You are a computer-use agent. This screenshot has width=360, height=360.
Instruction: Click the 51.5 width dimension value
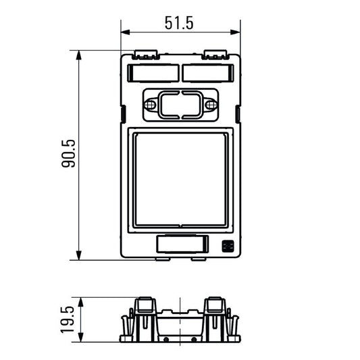(179, 22)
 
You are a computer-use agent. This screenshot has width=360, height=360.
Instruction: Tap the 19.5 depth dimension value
(68, 319)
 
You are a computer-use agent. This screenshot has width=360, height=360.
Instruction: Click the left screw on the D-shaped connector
(151, 105)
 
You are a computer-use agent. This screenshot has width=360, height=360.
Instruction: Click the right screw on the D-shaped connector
(210, 105)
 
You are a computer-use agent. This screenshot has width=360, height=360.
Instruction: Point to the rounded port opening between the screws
(180, 105)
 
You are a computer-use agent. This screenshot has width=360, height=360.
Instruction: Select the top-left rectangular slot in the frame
(153, 72)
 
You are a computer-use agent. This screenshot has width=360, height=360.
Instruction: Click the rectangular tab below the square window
(180, 244)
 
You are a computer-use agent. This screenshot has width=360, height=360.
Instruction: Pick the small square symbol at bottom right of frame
(228, 246)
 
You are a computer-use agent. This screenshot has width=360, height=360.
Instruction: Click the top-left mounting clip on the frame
(147, 53)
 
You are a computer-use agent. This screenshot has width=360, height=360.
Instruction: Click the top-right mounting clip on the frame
(214, 53)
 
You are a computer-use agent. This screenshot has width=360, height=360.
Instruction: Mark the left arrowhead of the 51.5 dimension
(124, 32)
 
